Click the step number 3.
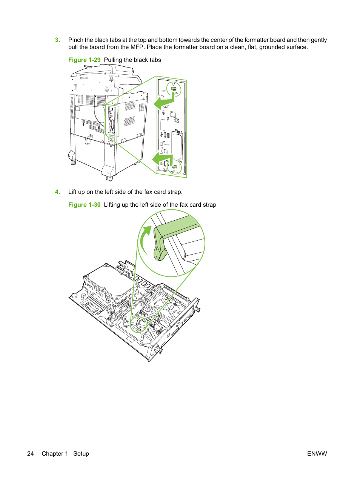(x=57, y=40)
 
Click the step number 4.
(x=57, y=192)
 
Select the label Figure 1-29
(x=84, y=60)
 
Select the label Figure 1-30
(x=84, y=205)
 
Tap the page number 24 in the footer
(x=31, y=454)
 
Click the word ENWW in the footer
(x=317, y=454)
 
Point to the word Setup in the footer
(x=81, y=454)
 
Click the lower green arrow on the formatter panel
(x=162, y=158)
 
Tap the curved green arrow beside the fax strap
(x=144, y=241)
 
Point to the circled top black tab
(x=174, y=89)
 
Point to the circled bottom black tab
(x=175, y=166)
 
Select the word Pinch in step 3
(x=75, y=40)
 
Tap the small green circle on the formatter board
(x=138, y=324)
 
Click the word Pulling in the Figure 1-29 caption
(x=113, y=60)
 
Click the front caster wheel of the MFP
(x=109, y=178)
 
